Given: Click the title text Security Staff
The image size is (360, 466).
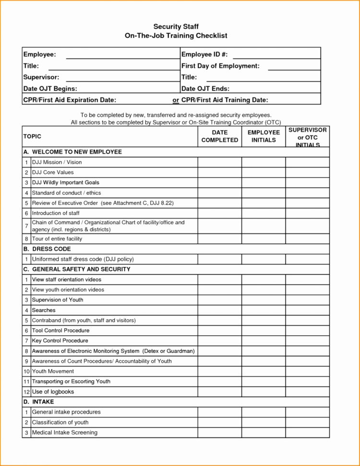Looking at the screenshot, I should pos(176,26).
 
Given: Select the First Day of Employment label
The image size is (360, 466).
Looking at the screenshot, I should pos(220,66).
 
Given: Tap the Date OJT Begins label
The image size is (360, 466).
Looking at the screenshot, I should pos(50,88).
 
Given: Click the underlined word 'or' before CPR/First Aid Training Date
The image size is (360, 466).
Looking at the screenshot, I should pos(176,100).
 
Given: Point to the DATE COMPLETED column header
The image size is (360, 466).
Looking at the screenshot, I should pos(219,136).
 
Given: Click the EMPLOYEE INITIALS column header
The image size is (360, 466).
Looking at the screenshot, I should pos(264,136).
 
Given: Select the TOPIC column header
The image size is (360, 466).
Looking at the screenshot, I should pos(33,136).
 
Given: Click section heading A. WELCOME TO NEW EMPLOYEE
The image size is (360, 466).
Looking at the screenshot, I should pos(72,152).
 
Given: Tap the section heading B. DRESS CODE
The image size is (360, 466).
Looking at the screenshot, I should pos(47,249).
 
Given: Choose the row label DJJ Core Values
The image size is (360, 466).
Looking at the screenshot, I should pos(53,172).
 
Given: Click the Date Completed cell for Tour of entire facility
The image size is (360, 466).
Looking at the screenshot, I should pos(219,239).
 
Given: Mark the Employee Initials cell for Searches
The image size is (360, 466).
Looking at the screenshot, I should pos(264,310).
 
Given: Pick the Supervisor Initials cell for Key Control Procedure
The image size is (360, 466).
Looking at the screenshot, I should pos(307,341).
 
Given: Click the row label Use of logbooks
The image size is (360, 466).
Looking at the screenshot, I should pos(53,392).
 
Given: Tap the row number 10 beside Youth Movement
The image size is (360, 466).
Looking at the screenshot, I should pos(26,371).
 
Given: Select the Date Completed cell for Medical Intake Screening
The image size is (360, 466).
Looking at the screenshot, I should pos(219,432).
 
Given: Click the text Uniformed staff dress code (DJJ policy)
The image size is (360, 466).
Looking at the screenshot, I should pos(83,259).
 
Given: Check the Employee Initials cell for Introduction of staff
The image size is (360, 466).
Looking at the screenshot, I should pos(264,213).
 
